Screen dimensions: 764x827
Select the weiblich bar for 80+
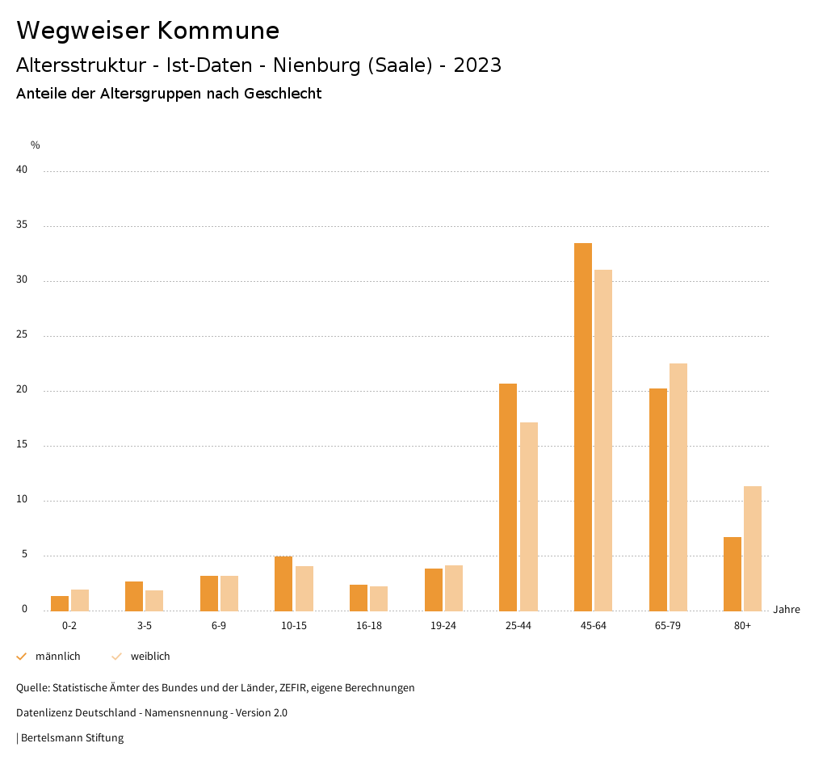pos(753,548)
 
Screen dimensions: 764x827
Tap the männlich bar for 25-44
pos(508,497)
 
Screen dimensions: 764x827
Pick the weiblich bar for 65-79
pos(678,487)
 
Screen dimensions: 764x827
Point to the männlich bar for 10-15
pos(283,583)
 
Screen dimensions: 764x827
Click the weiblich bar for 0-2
pos(80,600)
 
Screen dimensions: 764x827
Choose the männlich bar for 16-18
pos(359,598)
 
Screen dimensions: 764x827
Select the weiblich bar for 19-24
pos(454,588)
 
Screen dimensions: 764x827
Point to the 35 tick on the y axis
pos(22,225)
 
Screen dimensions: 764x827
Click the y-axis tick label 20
pos(22,390)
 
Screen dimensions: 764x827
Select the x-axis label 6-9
pos(219,626)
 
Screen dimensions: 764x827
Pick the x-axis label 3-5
pos(145,626)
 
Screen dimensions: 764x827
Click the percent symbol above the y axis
pos(36,145)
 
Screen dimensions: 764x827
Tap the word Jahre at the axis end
pos(787,610)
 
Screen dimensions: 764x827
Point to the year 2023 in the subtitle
pos(477,65)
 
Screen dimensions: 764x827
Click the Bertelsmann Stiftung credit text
pos(72,738)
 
